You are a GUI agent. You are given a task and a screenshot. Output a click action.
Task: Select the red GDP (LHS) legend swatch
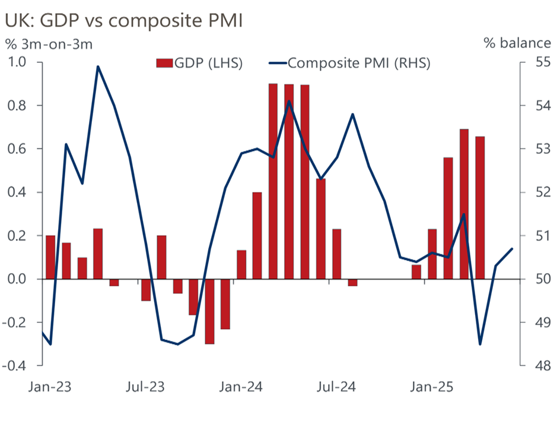click(x=163, y=63)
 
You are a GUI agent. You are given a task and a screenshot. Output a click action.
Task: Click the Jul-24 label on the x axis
click(x=336, y=388)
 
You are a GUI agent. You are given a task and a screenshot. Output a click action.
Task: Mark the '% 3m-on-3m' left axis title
click(x=49, y=43)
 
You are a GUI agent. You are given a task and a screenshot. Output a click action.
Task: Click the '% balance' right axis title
click(x=517, y=43)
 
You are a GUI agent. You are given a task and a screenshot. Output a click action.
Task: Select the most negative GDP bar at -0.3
click(x=209, y=311)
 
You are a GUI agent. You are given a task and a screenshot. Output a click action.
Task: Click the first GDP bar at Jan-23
click(x=50, y=257)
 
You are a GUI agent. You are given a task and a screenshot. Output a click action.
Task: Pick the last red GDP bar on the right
click(x=480, y=208)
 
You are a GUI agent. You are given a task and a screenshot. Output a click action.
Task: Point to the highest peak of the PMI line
click(x=98, y=67)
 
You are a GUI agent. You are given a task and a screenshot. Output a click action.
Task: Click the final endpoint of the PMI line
click(x=512, y=249)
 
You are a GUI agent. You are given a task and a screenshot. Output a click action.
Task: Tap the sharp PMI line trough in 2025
click(x=480, y=344)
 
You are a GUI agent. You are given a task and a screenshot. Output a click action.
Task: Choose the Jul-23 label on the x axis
click(x=145, y=388)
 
